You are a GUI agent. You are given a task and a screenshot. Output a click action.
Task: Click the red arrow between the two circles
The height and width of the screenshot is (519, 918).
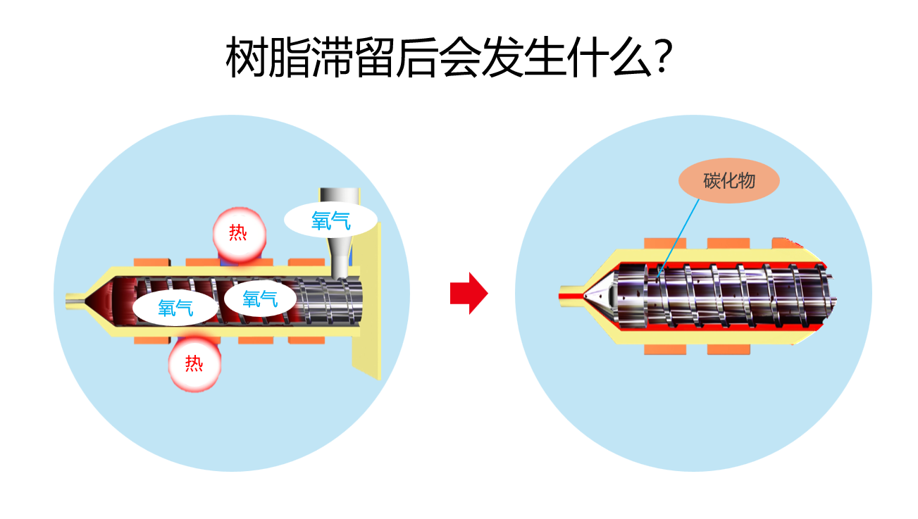click(x=468, y=294)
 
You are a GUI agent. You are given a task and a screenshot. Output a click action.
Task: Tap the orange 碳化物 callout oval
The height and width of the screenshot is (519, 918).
click(x=729, y=182)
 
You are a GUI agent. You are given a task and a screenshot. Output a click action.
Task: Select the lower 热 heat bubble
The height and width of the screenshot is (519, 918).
click(x=194, y=363)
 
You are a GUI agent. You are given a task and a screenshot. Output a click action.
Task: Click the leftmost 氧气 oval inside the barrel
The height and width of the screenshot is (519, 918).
click(x=175, y=308)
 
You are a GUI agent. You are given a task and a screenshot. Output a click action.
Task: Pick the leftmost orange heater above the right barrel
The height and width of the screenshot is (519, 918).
click(x=665, y=244)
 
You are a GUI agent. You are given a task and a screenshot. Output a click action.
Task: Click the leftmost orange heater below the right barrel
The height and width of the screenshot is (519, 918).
click(x=665, y=349)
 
